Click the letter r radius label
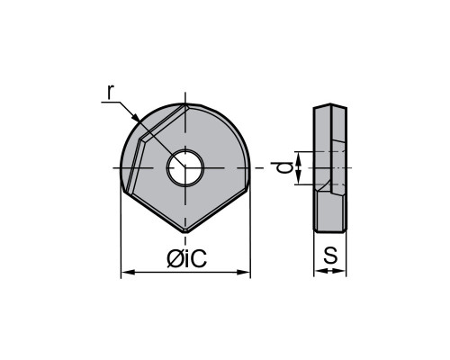(111, 92)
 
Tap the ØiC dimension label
(186, 258)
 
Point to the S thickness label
(330, 256)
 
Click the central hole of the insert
(185, 167)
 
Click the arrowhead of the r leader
(136, 118)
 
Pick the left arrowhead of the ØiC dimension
(127, 272)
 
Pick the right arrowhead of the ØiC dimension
(244, 272)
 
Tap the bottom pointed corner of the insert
(185, 231)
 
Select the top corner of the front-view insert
(185, 104)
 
